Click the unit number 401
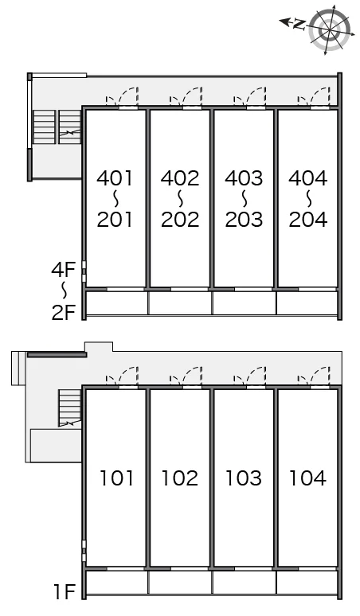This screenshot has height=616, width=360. click(x=115, y=178)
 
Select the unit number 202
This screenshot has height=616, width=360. click(x=180, y=219)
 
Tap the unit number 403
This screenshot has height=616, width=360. click(x=244, y=178)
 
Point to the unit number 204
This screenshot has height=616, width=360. click(x=308, y=219)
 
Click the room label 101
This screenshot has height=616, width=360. click(x=116, y=478)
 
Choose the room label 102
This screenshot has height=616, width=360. click(x=180, y=478)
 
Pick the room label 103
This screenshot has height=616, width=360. click(x=244, y=478)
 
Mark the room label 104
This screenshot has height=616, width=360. click(x=307, y=478)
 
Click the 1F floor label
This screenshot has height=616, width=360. click(x=64, y=591)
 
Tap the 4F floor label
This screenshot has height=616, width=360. click(x=63, y=270)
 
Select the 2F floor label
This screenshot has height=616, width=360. click(x=63, y=312)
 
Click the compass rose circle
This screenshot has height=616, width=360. click(x=330, y=29)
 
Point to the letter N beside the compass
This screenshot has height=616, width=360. click(x=299, y=25)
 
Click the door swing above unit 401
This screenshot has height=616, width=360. click(x=123, y=96)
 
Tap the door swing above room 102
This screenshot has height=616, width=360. click(x=186, y=376)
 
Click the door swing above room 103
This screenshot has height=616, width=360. click(x=250, y=376)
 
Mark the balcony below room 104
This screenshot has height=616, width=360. click(x=307, y=583)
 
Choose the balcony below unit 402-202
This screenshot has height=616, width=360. click(x=180, y=303)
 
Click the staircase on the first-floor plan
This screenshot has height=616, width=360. click(x=70, y=407)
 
